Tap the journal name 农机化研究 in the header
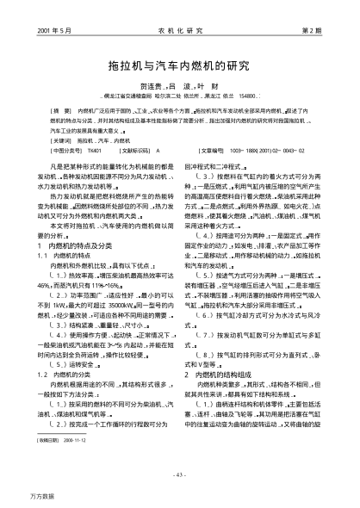(179, 29)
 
